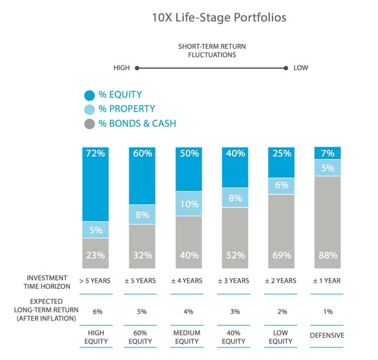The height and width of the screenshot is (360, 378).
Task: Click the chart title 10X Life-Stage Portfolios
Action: [219, 18]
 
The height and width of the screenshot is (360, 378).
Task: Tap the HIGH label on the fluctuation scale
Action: [121, 68]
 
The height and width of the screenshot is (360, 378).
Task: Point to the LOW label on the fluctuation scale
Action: [301, 68]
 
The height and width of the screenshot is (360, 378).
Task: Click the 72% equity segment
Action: [96, 184]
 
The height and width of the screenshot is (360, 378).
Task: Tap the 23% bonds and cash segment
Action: [96, 254]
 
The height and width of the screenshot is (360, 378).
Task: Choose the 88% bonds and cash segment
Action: [327, 223]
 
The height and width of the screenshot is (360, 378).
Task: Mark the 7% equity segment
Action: [327, 153]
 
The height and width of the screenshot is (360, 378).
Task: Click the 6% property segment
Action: [281, 185]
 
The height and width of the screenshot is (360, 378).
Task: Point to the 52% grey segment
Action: [235, 239]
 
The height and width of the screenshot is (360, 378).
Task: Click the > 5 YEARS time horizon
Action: [96, 281]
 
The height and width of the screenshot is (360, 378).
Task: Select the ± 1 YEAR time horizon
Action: [327, 281]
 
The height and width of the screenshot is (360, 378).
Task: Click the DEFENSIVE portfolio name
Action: [327, 335]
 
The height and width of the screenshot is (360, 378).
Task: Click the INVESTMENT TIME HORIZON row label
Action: [46, 281]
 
